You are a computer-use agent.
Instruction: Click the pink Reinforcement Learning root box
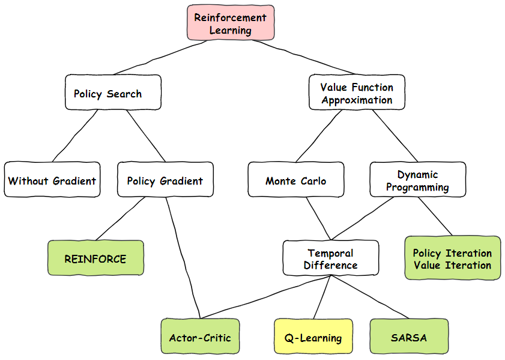[x=231, y=23]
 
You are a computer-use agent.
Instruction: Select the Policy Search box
[x=113, y=93]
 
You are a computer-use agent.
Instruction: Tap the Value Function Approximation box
[x=357, y=93]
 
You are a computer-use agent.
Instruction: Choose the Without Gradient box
[x=52, y=180]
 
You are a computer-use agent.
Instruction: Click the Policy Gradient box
[x=165, y=180]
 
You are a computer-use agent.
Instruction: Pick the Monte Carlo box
[x=296, y=180]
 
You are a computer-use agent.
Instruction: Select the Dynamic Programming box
[x=417, y=180]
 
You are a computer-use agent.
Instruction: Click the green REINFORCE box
[x=95, y=258]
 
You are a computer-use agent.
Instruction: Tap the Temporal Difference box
[x=330, y=258]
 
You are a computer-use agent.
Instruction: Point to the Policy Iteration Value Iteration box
[x=452, y=258]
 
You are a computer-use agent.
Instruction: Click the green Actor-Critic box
[x=200, y=337]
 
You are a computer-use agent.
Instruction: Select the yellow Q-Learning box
[x=313, y=337]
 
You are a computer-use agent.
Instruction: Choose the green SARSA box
[x=409, y=337]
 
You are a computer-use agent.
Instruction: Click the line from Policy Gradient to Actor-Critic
[x=184, y=258]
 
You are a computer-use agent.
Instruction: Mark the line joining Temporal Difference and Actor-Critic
[x=264, y=297]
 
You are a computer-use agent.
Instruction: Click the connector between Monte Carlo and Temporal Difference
[x=318, y=218]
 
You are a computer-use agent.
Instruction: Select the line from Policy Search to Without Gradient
[x=75, y=136]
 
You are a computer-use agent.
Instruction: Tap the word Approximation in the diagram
[x=357, y=100]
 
